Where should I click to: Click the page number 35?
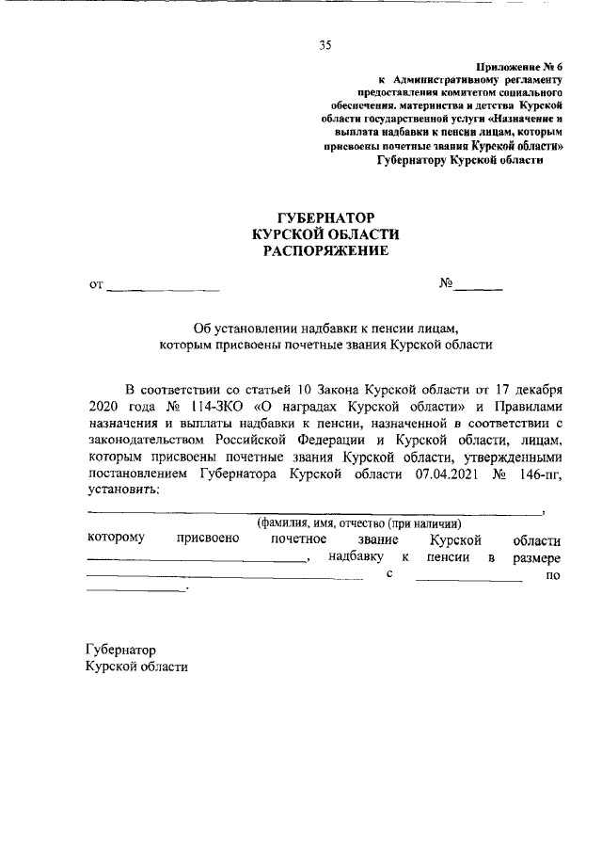tap(325, 44)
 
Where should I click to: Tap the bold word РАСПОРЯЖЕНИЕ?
tap(325, 251)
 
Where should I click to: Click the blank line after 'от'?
tap(163, 283)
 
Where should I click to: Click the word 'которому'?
tap(115, 540)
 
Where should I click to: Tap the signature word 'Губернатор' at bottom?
tap(119, 650)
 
